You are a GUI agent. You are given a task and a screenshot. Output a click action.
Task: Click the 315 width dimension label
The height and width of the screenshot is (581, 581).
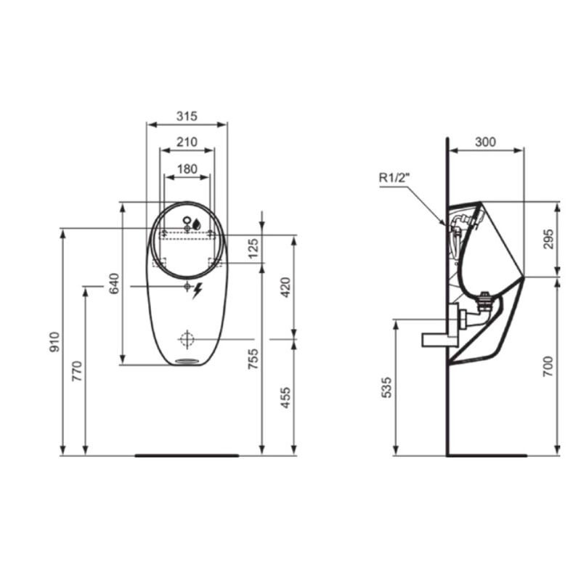187,116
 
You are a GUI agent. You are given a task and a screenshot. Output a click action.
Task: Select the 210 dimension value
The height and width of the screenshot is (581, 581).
187,142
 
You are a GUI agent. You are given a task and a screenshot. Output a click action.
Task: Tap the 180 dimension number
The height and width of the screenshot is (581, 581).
187,168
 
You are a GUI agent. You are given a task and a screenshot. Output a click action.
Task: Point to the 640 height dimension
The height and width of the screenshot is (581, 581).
114,283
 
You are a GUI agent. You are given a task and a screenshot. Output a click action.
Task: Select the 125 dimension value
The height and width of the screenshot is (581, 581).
253,248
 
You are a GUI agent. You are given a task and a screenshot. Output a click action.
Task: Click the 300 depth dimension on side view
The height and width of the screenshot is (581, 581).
485,142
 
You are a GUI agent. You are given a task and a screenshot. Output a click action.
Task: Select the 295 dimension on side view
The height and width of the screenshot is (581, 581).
549,240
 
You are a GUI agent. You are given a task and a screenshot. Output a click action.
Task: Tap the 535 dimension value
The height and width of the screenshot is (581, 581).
387,389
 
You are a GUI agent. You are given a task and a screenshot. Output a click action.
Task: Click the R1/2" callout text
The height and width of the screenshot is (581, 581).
394,176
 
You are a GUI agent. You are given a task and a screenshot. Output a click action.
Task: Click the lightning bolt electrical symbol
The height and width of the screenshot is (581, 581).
197,290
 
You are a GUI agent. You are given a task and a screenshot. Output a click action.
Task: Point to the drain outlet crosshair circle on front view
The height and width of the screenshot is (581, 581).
187,338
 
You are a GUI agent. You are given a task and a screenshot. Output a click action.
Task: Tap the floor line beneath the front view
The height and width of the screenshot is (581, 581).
187,455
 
